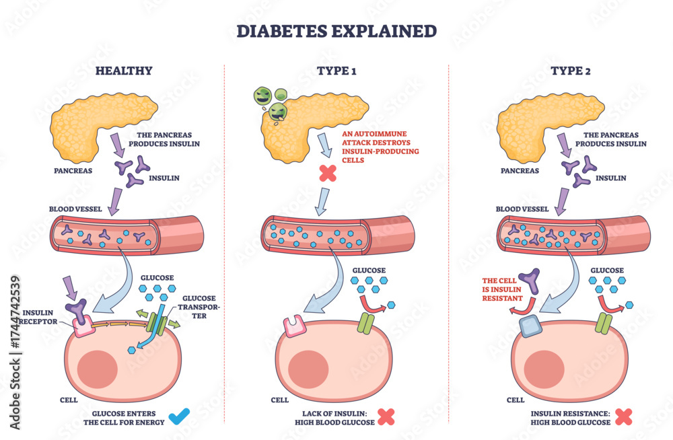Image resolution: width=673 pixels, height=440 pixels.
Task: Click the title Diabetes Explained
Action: click(336, 32)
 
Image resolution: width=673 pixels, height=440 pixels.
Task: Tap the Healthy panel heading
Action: click(124, 71)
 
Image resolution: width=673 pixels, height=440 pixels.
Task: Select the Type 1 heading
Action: click(336, 71)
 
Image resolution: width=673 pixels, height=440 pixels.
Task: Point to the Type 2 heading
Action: click(571, 71)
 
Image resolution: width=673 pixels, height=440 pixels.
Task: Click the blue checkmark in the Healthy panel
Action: click(178, 416)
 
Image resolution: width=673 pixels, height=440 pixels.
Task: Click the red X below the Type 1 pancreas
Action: click(328, 173)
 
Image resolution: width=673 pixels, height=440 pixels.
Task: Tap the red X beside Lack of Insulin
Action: click(386, 417)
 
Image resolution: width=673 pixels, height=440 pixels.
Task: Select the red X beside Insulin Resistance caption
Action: click(623, 417)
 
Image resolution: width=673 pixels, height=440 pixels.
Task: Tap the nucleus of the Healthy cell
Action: click(98, 370)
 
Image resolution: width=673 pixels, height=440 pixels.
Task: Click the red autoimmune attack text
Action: click(380, 147)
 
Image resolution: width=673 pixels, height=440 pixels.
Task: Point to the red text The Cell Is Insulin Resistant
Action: click(502, 289)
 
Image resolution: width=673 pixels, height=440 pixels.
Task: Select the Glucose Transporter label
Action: click(199, 307)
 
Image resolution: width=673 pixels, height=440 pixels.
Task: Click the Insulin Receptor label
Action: click(38, 318)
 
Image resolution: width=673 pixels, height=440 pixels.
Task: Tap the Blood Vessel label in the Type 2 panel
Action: click(522, 209)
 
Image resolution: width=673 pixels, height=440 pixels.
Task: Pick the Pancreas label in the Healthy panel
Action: click(73, 170)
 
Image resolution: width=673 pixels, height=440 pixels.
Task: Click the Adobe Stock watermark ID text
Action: click(15, 353)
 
